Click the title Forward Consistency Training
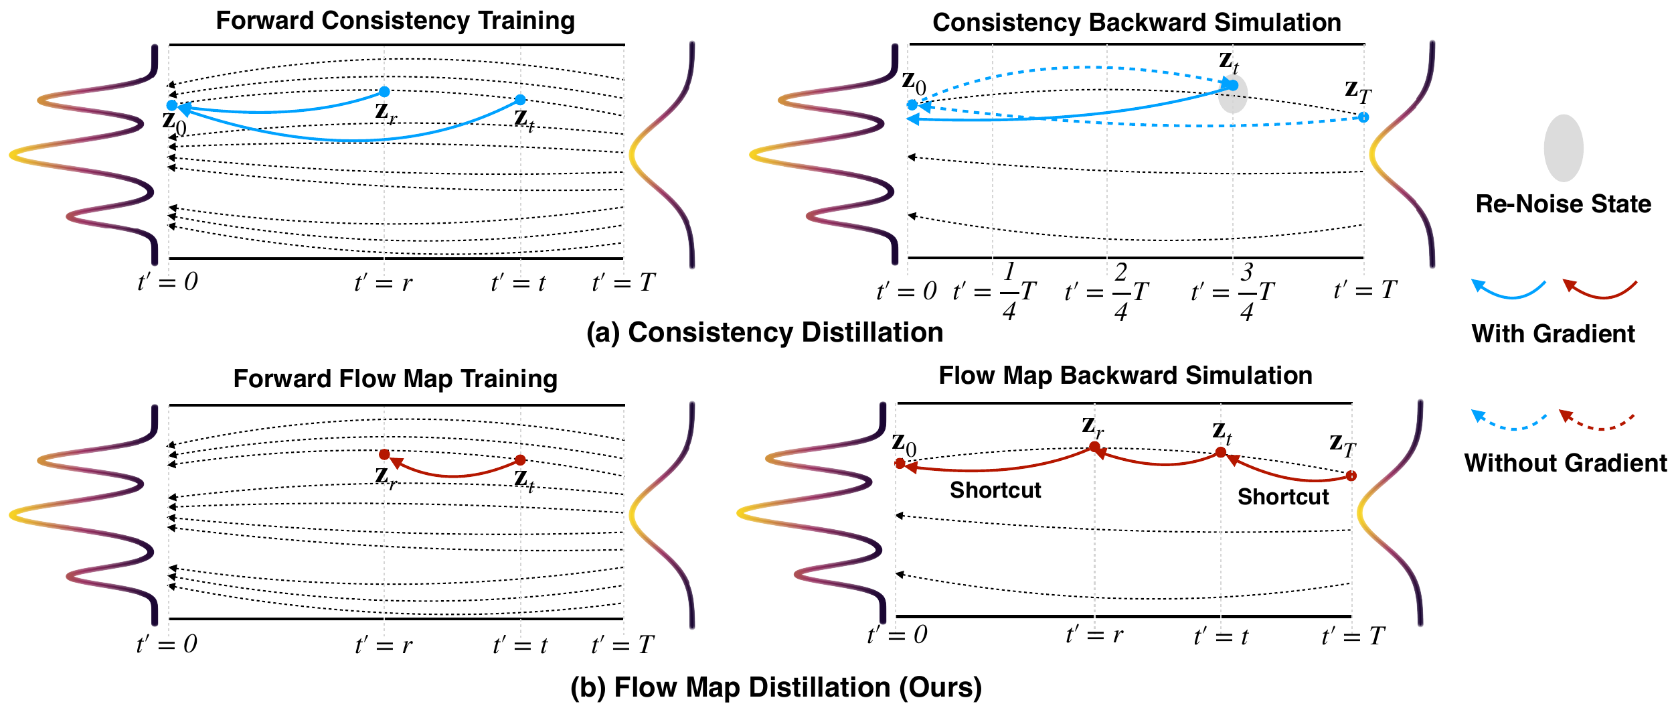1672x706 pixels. coord(395,21)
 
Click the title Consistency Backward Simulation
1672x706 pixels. coord(1137,23)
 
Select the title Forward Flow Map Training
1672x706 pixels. coord(395,379)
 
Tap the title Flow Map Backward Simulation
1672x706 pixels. coord(1125,376)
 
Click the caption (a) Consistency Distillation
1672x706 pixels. coord(764,333)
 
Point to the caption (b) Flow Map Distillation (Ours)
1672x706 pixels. coord(776,688)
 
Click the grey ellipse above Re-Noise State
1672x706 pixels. coord(1564,148)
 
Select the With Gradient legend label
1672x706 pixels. coord(1553,334)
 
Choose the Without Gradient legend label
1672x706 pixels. coord(1565,463)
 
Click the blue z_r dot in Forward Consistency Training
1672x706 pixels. coord(384,92)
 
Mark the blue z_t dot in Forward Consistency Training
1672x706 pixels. coord(520,100)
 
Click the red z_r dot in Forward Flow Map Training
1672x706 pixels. coord(384,454)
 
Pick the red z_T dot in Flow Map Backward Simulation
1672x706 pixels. coord(1351,476)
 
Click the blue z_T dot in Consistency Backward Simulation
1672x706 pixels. coord(1363,117)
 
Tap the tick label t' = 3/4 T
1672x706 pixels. coord(1233,291)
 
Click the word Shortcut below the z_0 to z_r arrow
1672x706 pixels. coord(995,490)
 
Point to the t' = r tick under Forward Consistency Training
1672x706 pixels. coord(384,283)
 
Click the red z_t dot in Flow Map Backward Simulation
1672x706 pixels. coord(1221,452)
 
